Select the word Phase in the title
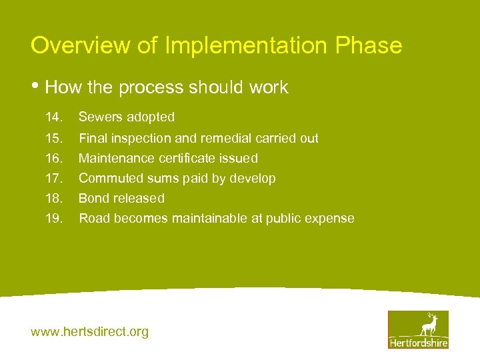click(x=369, y=46)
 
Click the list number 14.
click(x=53, y=117)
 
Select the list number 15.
click(x=53, y=139)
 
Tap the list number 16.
click(x=53, y=159)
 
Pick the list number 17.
click(x=53, y=179)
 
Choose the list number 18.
click(x=53, y=199)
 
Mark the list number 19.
click(x=53, y=219)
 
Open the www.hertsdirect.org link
click(x=89, y=331)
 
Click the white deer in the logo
click(x=429, y=325)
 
